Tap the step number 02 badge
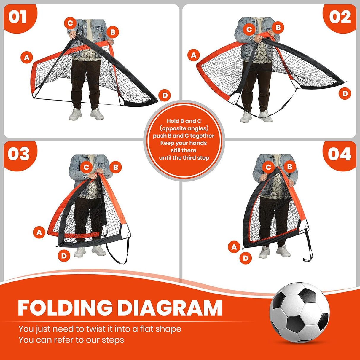pyautogui.click(x=340, y=17)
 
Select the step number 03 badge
pyautogui.click(x=19, y=154)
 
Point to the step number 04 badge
pyautogui.click(x=339, y=154)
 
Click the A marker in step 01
pyautogui.click(x=27, y=57)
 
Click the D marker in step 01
pyautogui.click(x=165, y=95)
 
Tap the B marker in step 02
pyautogui.click(x=278, y=28)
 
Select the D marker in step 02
pyautogui.click(x=345, y=94)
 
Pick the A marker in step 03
pyautogui.click(x=39, y=232)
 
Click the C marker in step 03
pyautogui.click(x=86, y=167)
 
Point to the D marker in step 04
pyautogui.click(x=245, y=258)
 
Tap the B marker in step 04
pyautogui.click(x=290, y=167)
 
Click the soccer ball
pyautogui.click(x=300, y=313)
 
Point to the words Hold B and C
pyautogui.click(x=184, y=121)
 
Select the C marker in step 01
pyautogui.click(x=70, y=23)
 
